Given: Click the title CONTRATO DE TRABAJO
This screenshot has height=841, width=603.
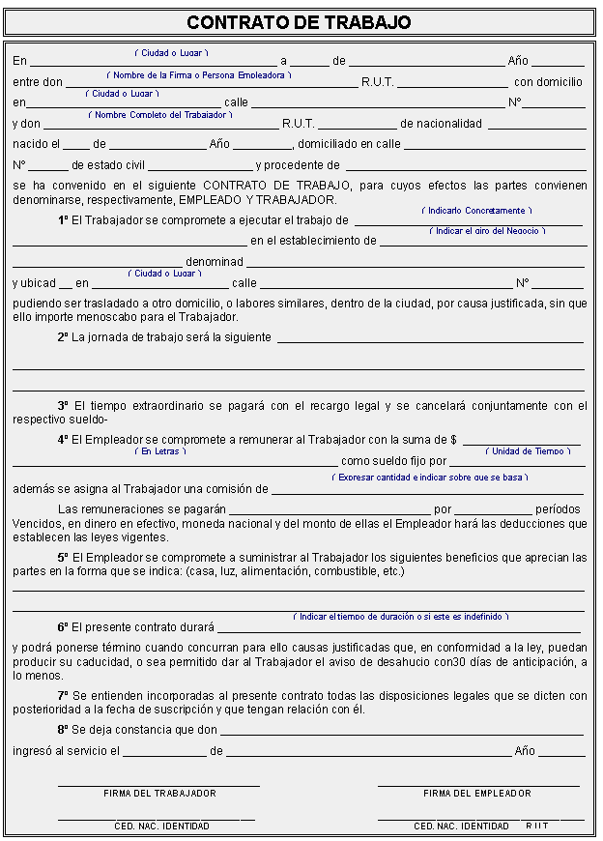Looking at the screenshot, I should (x=299, y=22).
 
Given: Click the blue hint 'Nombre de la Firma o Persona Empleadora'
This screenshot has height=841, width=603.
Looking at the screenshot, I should (x=199, y=74).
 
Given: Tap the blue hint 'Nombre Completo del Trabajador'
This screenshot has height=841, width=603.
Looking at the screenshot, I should (x=160, y=114).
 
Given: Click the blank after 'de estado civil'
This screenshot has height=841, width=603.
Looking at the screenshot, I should (x=199, y=166).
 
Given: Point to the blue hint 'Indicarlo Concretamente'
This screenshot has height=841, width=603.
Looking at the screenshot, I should (x=476, y=210).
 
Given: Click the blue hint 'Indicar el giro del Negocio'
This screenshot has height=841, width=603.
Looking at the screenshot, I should (x=487, y=231).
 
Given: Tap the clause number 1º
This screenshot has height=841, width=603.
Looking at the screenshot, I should (x=64, y=220).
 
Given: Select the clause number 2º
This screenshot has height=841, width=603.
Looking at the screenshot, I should (x=63, y=337).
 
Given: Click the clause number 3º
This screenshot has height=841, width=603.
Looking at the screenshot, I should (x=64, y=406).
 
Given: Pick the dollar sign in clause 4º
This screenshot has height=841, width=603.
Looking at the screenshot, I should (x=453, y=440).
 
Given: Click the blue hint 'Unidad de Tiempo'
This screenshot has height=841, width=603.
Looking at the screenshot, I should (x=528, y=451).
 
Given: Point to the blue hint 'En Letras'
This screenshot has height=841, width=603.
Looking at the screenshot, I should (x=159, y=451).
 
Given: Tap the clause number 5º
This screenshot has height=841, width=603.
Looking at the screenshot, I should (x=64, y=558).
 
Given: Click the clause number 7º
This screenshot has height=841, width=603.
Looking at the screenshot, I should (x=64, y=695).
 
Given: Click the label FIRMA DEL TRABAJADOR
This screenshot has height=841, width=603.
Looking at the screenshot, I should (x=159, y=793).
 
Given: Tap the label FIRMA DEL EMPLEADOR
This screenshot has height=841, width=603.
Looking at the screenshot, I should (x=477, y=793).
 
